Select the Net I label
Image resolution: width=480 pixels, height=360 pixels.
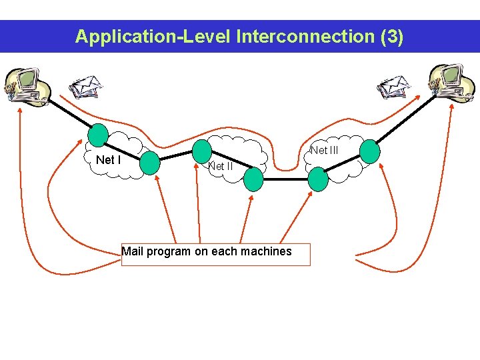point(108,160)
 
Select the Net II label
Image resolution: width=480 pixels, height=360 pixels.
point(220,166)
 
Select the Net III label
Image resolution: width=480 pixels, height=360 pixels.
point(325,151)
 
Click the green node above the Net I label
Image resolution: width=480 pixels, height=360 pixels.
point(99,135)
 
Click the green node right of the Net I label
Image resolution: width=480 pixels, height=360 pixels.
point(149,163)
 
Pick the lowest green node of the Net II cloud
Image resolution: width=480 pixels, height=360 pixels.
point(253,178)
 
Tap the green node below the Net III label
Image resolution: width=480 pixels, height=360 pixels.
point(318,178)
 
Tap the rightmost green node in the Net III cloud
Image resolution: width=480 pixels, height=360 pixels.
point(369,151)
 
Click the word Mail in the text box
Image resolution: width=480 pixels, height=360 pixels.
point(132,251)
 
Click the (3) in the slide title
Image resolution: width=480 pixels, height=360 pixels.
point(391,36)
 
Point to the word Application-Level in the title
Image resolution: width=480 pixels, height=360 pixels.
point(153,36)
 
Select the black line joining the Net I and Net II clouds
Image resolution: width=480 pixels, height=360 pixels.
point(176,157)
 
